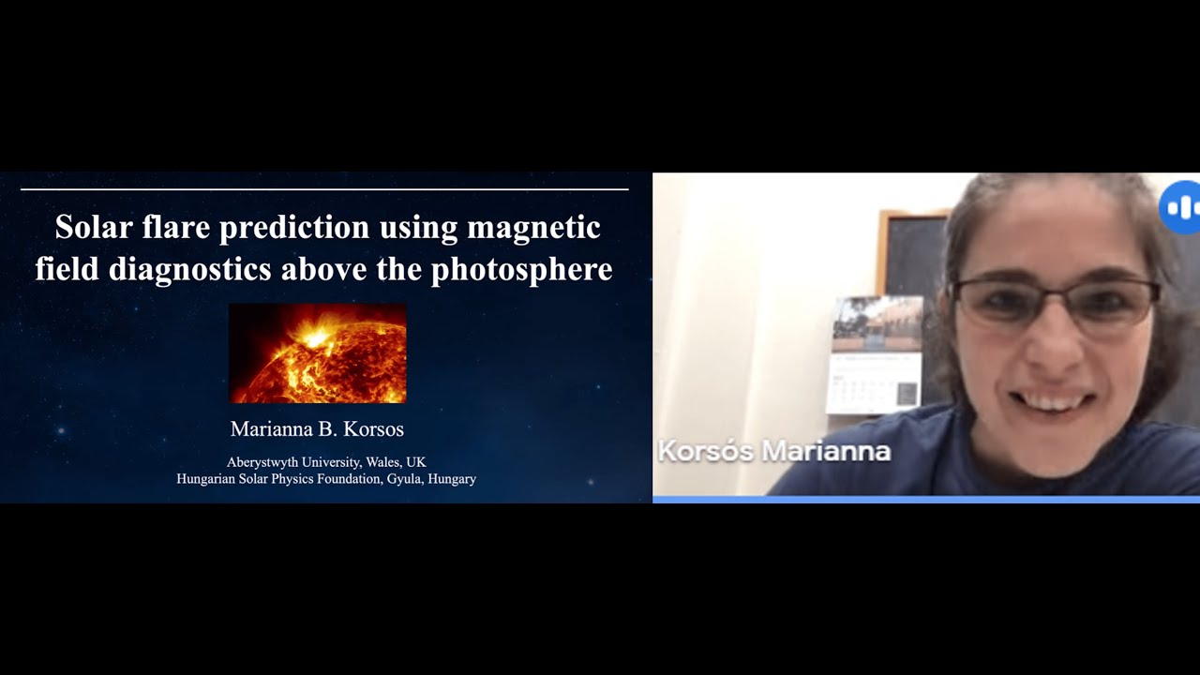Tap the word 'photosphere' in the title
pos(521,270)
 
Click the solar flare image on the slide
pos(317,353)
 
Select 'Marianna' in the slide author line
pos(269,429)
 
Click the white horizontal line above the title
pos(324,189)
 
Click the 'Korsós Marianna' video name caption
pos(774,451)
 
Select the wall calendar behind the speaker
pos(875,355)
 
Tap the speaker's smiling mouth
pos(1055,401)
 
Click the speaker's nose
pos(1050,347)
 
